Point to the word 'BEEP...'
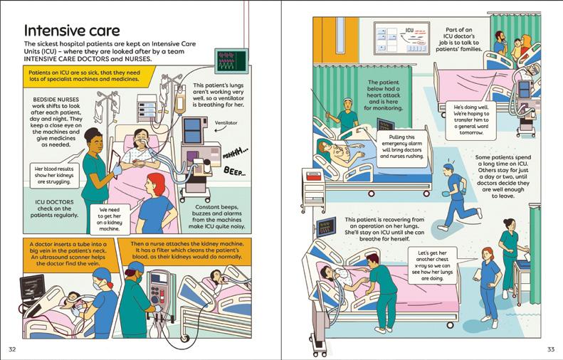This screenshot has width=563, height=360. (233, 171)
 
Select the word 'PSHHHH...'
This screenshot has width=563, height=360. (236, 152)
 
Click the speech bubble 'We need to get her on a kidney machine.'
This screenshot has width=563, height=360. (106, 219)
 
